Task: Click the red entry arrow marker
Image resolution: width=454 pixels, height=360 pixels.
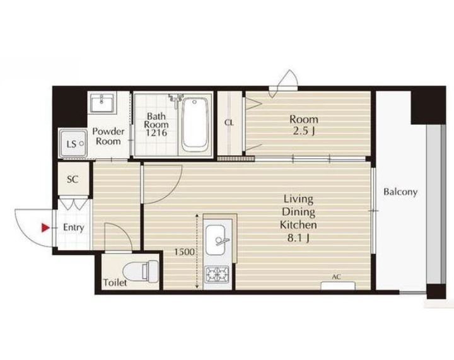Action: point(45,228)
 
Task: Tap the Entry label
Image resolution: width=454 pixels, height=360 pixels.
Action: point(74,228)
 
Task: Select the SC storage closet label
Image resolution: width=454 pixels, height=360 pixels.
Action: point(73,180)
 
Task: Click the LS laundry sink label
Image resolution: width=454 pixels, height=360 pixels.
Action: point(71,144)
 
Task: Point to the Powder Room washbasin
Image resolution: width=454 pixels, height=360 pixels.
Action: point(102,102)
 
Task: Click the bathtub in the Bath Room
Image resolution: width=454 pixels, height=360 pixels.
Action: point(195,124)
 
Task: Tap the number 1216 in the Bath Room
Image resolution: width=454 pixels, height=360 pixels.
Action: point(156,133)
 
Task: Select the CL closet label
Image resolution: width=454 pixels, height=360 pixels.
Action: point(229,123)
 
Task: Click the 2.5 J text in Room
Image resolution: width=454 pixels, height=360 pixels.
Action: point(304,132)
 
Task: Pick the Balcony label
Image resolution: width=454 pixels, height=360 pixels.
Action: point(400,192)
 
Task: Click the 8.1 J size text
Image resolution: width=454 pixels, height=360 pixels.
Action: point(298,238)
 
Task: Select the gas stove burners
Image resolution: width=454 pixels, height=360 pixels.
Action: point(217,274)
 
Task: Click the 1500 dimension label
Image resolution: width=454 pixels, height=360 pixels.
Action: point(184,252)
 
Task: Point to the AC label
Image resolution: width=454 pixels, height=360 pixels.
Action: point(336,277)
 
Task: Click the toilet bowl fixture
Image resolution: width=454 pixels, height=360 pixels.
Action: point(141,272)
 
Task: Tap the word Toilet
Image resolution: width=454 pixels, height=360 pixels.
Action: point(115,282)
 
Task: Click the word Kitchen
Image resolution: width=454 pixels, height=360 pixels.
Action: point(298,225)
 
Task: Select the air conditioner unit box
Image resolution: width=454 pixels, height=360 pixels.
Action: point(338,286)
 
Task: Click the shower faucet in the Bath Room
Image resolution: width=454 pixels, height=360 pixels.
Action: point(175,98)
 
